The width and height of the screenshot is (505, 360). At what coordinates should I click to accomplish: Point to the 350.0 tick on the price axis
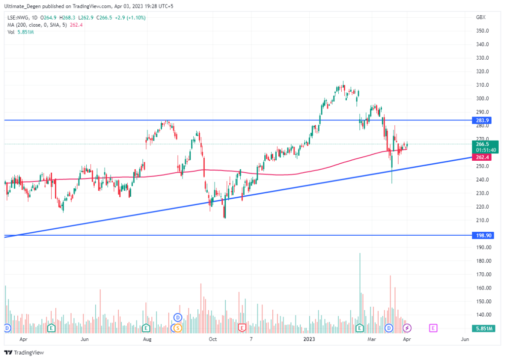[x=482, y=31]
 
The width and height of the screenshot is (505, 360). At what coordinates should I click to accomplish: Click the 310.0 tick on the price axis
[x=482, y=85]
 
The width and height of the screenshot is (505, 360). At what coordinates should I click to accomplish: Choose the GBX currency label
[x=480, y=17]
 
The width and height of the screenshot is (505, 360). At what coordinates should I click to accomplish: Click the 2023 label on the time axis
[x=309, y=339]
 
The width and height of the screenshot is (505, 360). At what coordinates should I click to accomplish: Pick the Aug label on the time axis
[x=146, y=339]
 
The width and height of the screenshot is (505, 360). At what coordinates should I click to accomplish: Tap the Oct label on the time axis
[x=213, y=339]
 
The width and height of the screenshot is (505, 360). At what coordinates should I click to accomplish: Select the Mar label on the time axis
[x=372, y=339]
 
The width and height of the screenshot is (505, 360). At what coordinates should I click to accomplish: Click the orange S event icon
[x=178, y=327]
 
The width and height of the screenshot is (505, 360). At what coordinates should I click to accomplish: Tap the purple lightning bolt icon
[x=408, y=327]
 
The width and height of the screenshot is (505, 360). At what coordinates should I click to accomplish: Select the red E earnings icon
[x=242, y=327]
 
